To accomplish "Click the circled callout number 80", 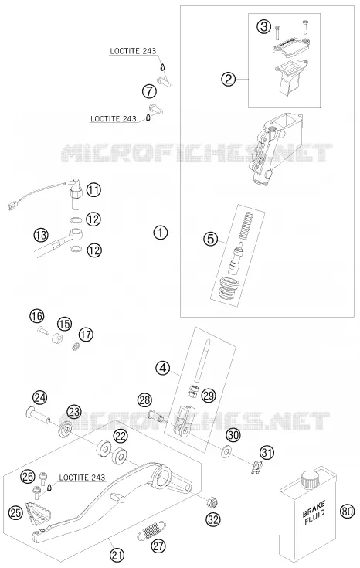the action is coord(347,511).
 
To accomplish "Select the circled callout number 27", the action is coord(158,546).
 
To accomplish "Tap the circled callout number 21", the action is coord(117,555).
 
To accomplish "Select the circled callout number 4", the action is coord(163,369).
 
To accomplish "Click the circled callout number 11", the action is coord(93,190).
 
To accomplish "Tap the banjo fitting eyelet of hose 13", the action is coord(76,232).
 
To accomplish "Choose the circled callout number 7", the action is coord(149,91).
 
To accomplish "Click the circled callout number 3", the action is coord(264,26).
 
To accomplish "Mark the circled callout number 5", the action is coord(210,239).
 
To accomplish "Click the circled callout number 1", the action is coord(161,232).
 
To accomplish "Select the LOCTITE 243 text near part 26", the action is coord(82,478).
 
